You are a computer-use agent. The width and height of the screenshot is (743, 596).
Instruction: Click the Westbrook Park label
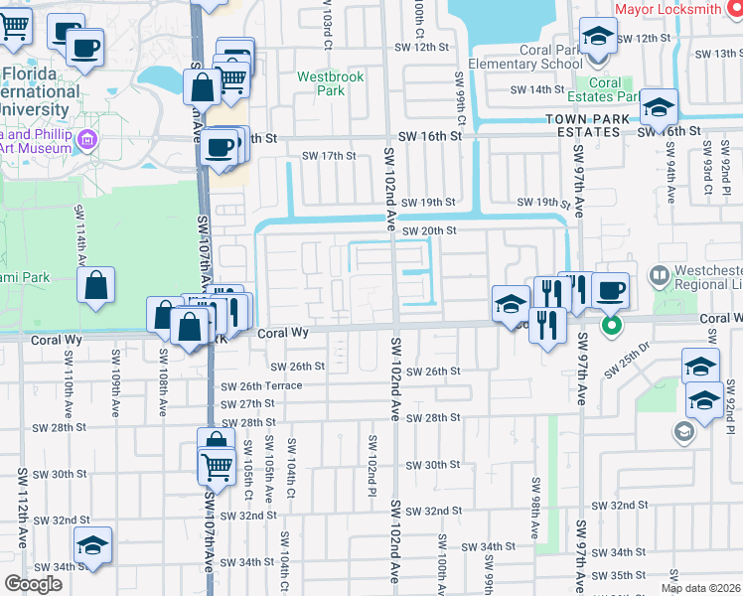click(332, 83)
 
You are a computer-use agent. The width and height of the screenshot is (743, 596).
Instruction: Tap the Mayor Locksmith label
click(668, 9)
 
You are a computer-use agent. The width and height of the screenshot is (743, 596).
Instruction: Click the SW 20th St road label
click(430, 230)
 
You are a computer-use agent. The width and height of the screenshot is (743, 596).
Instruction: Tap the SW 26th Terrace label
click(261, 386)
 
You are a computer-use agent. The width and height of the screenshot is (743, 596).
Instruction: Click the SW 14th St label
click(536, 89)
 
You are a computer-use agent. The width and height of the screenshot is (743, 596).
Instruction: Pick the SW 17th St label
click(329, 156)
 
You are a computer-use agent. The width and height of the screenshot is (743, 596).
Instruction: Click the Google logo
click(33, 584)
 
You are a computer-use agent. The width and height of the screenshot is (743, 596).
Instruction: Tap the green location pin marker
click(612, 325)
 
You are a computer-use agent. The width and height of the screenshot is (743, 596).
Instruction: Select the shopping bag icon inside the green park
click(96, 286)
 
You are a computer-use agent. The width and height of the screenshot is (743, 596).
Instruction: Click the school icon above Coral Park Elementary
click(599, 38)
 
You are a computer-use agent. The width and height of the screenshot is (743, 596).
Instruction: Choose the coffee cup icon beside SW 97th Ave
click(610, 290)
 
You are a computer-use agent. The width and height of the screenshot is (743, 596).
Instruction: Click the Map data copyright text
click(699, 588)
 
